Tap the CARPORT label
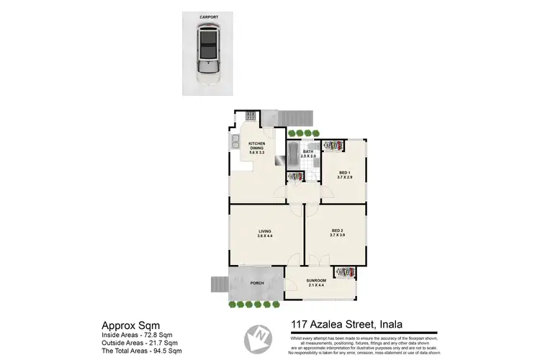(209, 15)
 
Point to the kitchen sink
(235, 142)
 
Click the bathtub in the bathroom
(294, 151)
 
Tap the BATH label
(308, 153)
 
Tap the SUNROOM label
(317, 282)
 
